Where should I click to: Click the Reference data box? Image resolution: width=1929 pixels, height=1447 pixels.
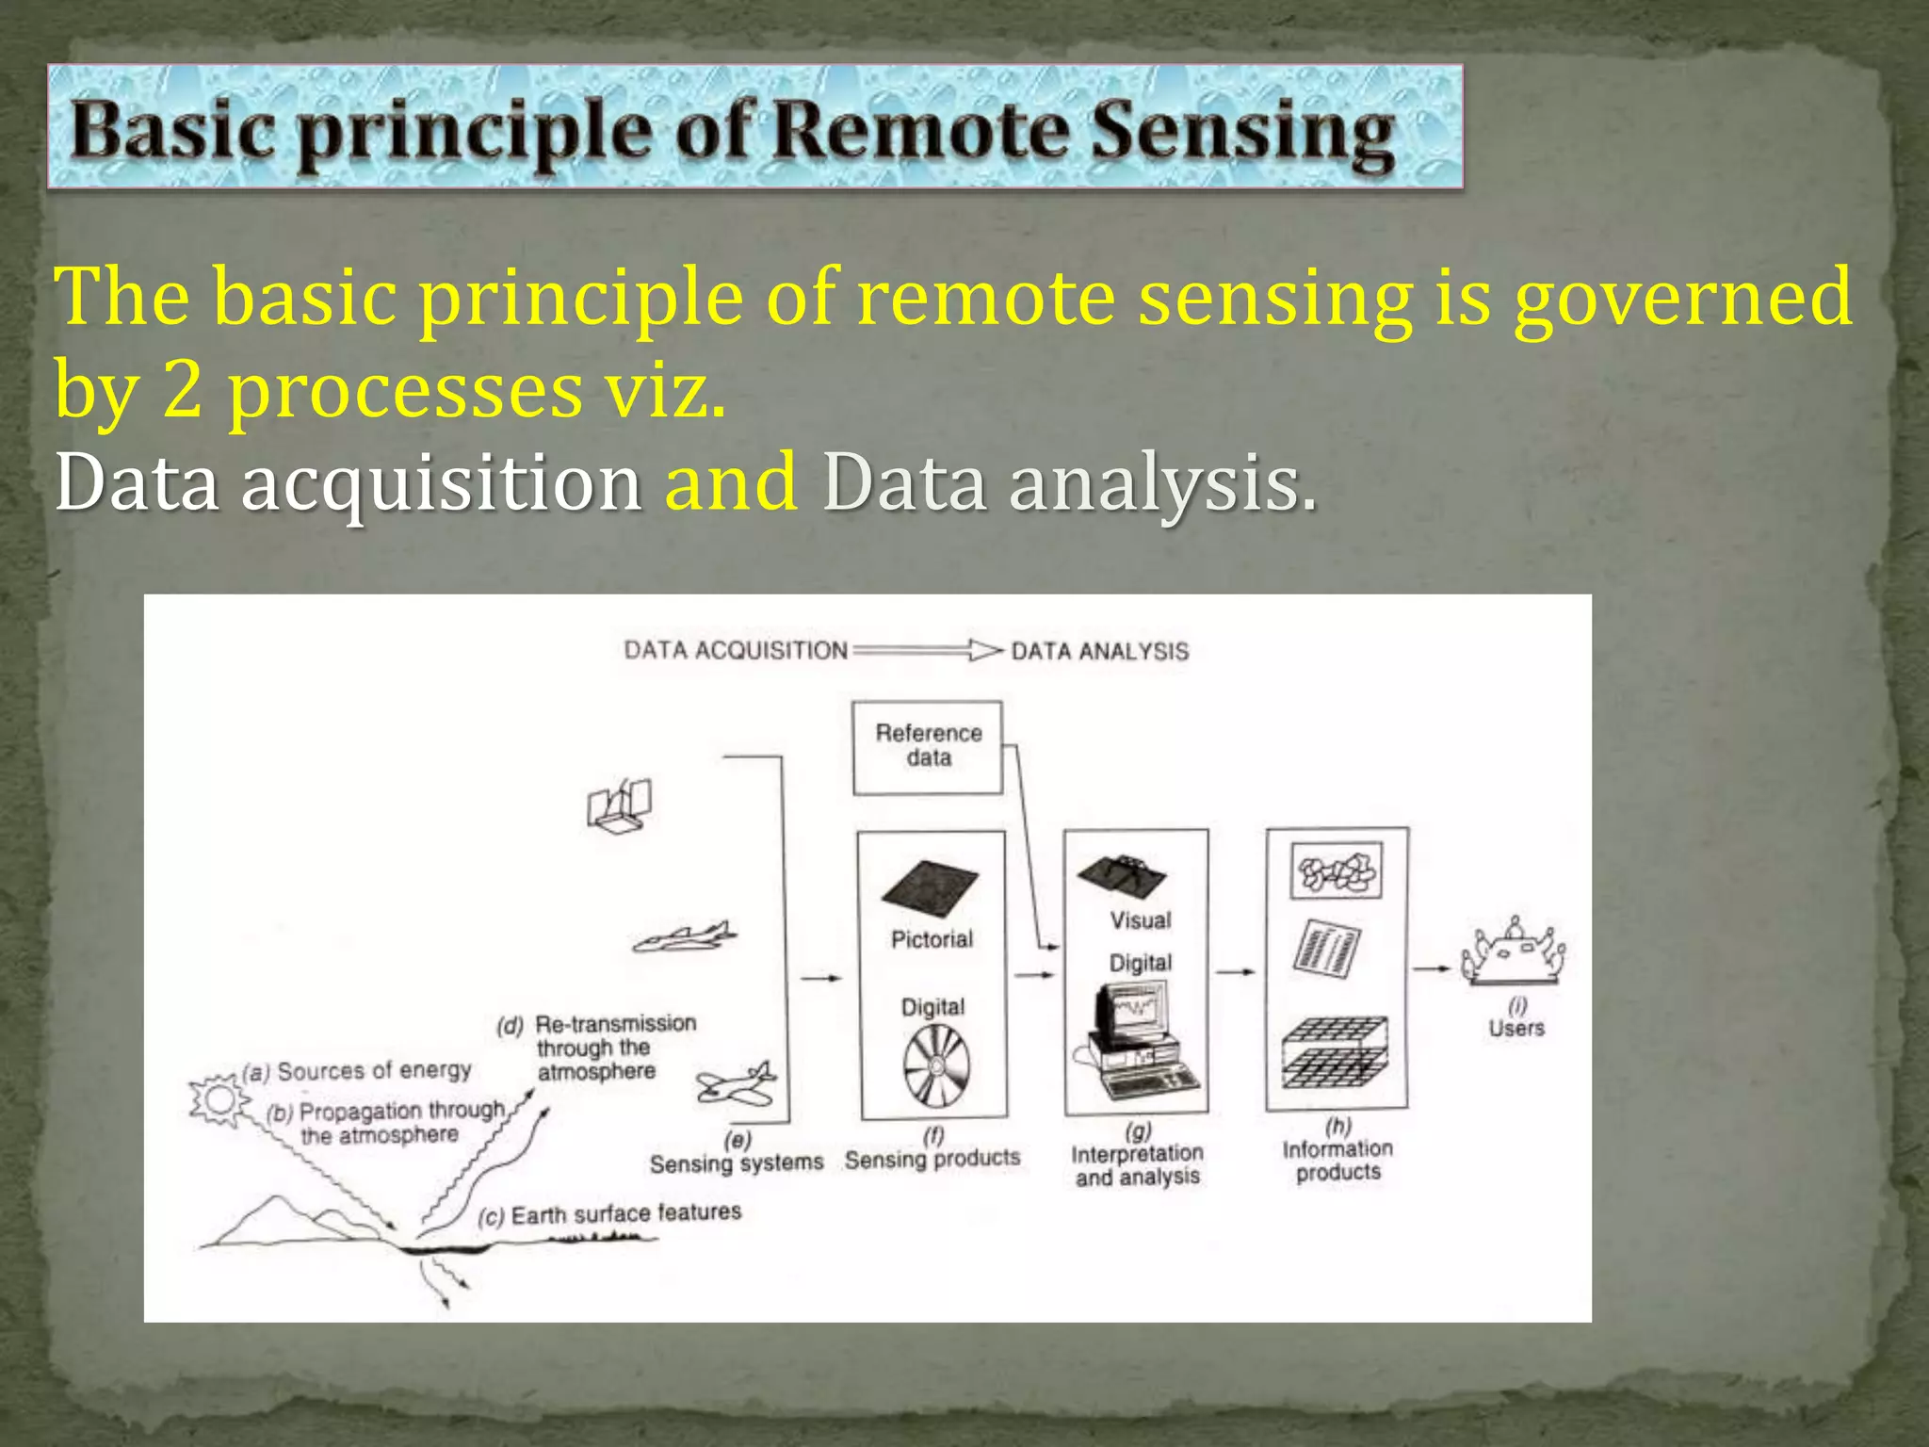pyautogui.click(x=928, y=747)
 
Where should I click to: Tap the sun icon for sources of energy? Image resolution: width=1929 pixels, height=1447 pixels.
pyautogui.click(x=219, y=1099)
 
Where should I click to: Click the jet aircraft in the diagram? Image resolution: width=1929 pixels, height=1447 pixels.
pyautogui.click(x=685, y=937)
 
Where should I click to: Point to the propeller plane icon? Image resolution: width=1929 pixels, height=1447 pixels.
pyautogui.click(x=738, y=1084)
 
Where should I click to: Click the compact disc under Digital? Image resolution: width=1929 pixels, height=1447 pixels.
pyautogui.click(x=935, y=1065)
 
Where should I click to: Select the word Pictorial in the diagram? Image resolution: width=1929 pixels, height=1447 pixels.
pyautogui.click(x=932, y=939)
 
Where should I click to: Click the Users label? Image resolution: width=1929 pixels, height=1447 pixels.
pyautogui.click(x=1516, y=1028)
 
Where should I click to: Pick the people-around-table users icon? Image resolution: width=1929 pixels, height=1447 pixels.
pyautogui.click(x=1514, y=952)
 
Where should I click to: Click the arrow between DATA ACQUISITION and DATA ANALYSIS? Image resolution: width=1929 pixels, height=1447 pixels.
pyautogui.click(x=928, y=650)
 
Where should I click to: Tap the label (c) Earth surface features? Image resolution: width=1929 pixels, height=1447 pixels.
pyautogui.click(x=610, y=1214)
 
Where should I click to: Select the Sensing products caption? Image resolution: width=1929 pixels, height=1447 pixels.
pyautogui.click(x=932, y=1159)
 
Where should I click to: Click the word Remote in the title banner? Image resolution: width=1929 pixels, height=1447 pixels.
pyautogui.click(x=921, y=132)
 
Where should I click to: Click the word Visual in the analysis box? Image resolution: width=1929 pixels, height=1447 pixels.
pyautogui.click(x=1140, y=920)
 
